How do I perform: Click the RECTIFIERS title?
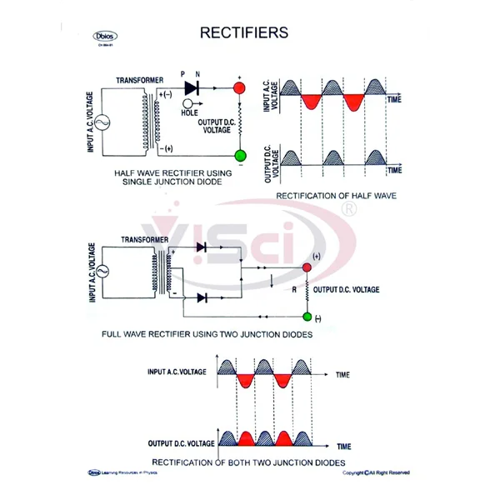[244, 33]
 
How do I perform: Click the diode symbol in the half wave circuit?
[192, 86]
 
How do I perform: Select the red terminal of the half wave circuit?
[239, 87]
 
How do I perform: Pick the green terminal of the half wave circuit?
[239, 155]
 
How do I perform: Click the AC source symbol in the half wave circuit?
[106, 122]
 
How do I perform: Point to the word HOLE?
[189, 112]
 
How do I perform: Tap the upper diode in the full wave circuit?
[200, 247]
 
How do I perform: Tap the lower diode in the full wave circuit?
[200, 297]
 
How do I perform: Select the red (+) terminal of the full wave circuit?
[307, 267]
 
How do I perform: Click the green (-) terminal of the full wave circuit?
[307, 317]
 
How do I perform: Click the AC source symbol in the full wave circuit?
[106, 272]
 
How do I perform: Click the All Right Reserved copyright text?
[377, 472]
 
